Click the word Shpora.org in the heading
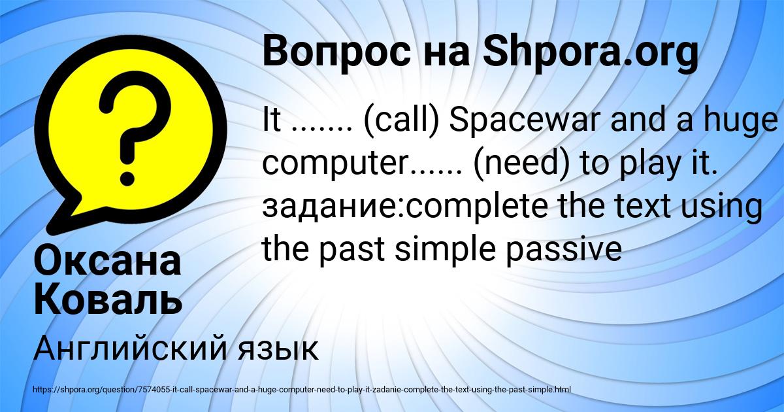click(591, 52)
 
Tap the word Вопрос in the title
click(336, 52)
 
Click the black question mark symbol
click(134, 128)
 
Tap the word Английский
click(130, 349)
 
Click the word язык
click(278, 351)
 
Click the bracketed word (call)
click(401, 121)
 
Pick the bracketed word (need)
click(521, 164)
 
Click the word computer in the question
click(335, 165)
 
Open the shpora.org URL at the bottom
click(302, 390)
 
